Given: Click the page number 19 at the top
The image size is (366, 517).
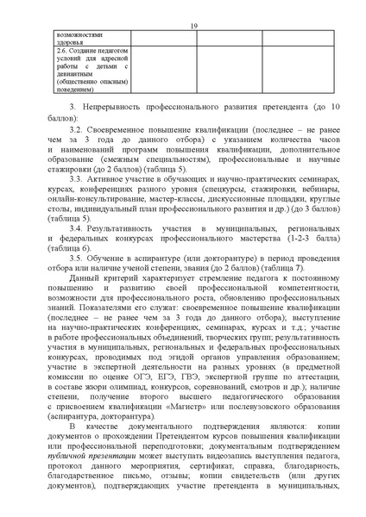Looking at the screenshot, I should pyautogui.click(x=192, y=26).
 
